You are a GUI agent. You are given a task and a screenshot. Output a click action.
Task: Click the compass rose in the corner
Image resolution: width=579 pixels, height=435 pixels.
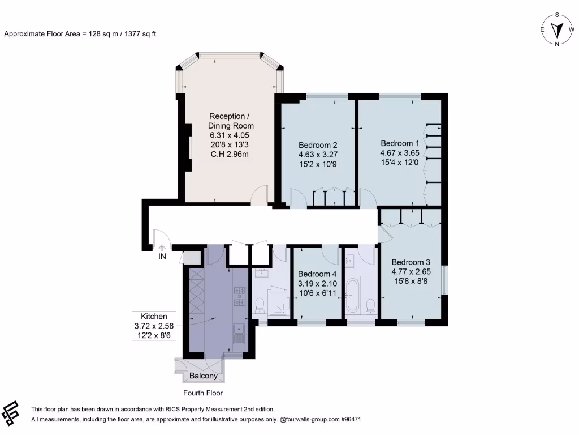point(558,29)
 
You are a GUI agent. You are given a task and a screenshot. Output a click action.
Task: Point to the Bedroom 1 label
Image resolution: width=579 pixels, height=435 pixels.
point(400,143)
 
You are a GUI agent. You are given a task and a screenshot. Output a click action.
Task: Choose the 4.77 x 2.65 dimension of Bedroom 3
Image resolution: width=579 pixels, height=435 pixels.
point(411,272)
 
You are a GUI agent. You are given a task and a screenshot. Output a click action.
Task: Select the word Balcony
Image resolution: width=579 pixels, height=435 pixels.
point(204,376)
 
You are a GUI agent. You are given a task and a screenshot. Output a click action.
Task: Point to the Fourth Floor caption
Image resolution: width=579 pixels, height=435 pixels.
point(203,393)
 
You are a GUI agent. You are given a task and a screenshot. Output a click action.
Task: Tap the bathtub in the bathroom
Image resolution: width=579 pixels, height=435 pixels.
point(353,295)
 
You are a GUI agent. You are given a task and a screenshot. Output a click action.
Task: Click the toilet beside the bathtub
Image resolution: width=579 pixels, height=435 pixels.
point(370,306)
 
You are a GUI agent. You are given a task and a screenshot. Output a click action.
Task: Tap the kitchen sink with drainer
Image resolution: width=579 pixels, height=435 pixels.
point(239,334)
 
